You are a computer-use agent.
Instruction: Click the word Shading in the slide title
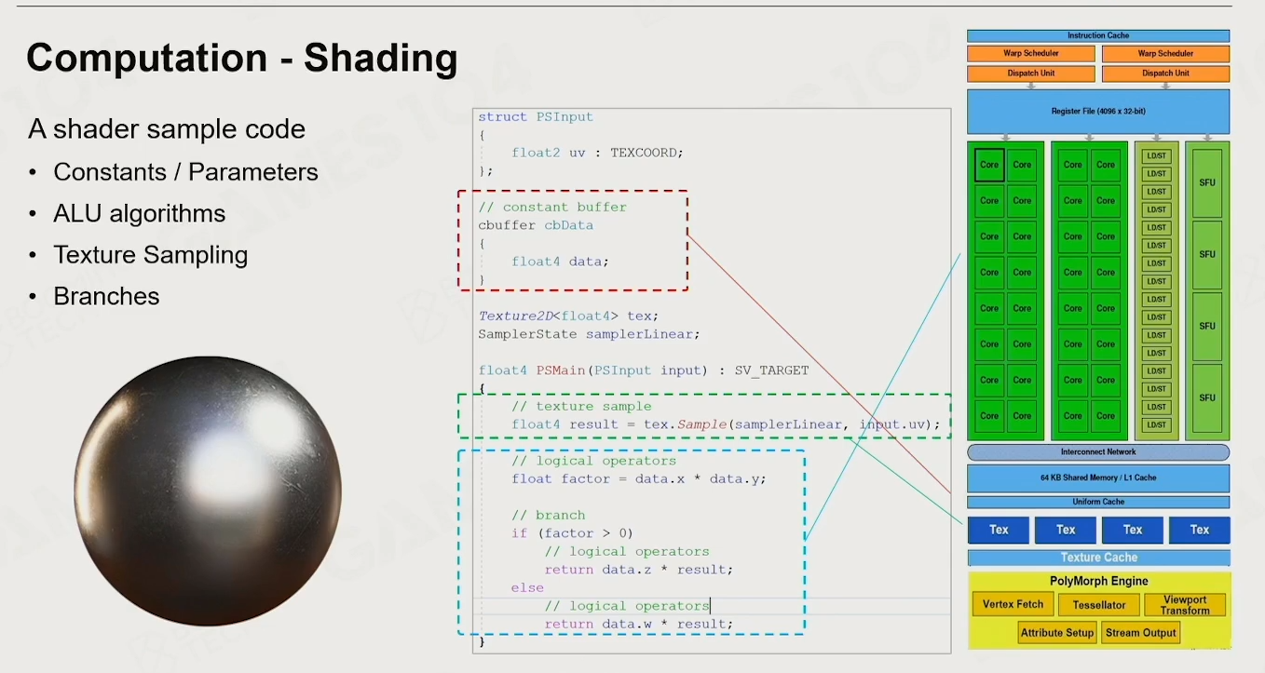coord(381,59)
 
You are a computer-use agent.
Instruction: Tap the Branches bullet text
coord(106,296)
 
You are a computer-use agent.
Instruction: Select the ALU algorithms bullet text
coord(140,214)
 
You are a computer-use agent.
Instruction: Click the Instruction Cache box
coord(1098,35)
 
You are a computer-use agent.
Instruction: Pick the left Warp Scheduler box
coord(1030,54)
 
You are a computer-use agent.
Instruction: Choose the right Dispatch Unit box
coord(1165,74)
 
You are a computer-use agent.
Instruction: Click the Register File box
coord(1098,111)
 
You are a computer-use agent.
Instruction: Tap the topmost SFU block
coord(1207,182)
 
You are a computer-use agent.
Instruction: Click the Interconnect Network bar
coord(1098,451)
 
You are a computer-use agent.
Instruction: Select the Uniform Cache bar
coord(1098,502)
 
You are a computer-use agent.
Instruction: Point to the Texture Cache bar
coord(1098,558)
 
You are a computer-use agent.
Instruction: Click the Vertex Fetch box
coord(1013,604)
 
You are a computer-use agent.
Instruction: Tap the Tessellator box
coord(1099,605)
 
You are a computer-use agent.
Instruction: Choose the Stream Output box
coord(1140,633)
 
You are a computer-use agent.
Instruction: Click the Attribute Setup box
coord(1056,633)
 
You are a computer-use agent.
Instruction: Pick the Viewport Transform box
coord(1185,605)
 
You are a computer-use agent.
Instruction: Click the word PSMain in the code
coord(560,370)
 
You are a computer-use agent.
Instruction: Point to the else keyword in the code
coord(527,587)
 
